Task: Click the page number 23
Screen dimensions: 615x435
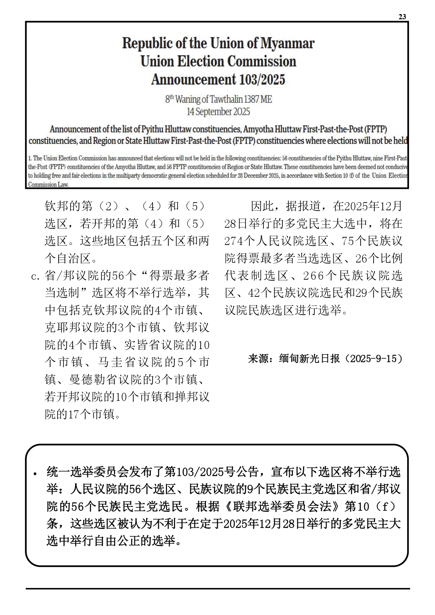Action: tap(402, 17)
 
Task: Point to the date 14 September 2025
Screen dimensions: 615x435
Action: tap(218, 112)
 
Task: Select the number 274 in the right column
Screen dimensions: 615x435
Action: tap(233, 241)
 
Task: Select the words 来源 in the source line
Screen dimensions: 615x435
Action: tap(257, 358)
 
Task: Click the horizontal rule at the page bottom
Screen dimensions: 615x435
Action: tap(217, 588)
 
